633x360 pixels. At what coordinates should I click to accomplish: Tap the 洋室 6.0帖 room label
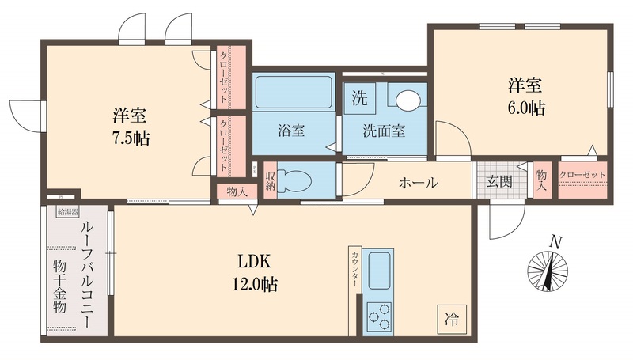tap(526, 95)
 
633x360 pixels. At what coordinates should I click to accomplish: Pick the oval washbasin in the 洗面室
tap(408, 100)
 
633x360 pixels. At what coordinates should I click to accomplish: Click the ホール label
tap(418, 182)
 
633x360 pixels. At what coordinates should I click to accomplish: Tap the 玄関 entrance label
tap(498, 182)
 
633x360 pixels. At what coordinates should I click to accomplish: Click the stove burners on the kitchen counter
tap(379, 317)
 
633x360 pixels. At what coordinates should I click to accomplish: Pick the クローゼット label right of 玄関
tap(582, 175)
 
